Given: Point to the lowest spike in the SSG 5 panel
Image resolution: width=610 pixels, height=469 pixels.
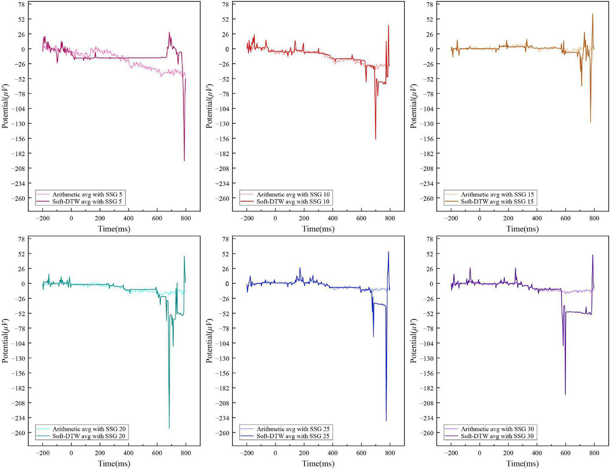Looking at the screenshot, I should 184,161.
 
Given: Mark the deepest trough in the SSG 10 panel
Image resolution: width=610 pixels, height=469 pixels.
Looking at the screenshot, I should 376,139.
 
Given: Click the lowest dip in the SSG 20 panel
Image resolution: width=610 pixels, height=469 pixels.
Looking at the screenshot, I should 169,428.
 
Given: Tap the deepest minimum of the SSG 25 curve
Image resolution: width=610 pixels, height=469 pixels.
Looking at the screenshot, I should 386,420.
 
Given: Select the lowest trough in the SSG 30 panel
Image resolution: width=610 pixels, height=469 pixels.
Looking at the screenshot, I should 565,394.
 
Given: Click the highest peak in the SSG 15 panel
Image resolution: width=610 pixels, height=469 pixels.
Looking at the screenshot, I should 593,14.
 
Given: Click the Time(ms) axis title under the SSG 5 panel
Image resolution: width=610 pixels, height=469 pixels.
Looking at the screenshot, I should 114,229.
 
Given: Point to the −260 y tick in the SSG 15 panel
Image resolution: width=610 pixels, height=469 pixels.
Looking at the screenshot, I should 426,198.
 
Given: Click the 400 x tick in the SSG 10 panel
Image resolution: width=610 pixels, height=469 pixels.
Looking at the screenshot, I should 333,218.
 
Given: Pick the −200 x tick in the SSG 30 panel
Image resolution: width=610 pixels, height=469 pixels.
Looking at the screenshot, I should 451,453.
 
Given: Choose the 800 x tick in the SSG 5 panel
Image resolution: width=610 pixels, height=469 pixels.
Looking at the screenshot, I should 186,218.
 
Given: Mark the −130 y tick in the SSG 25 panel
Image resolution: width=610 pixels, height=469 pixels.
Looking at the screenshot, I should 222,358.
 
